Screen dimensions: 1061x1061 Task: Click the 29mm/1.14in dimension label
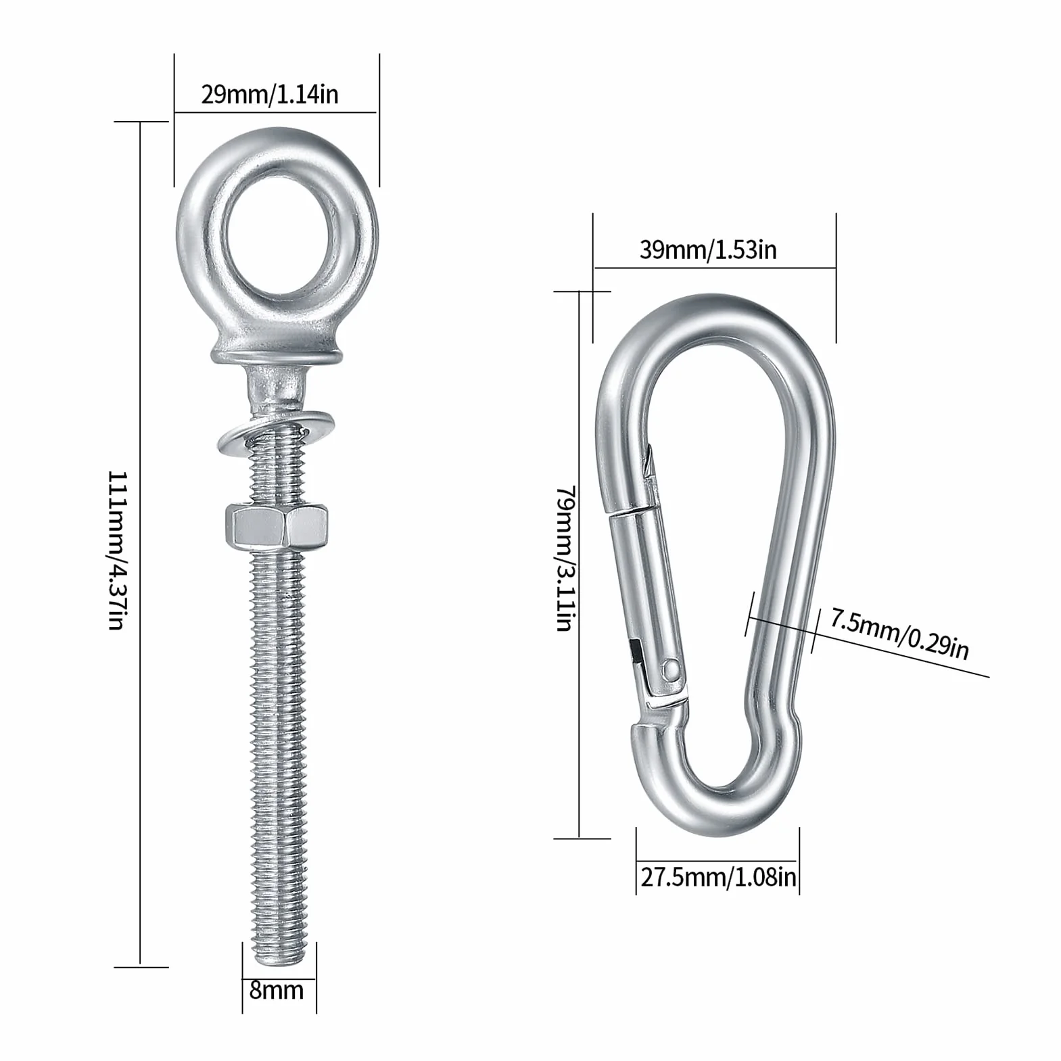coord(270,95)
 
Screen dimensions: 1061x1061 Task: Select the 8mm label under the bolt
coord(276,991)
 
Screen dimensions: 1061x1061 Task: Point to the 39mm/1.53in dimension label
coord(708,250)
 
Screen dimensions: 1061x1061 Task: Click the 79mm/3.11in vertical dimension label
coord(565,558)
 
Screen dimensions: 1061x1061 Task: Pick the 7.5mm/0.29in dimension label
coord(900,634)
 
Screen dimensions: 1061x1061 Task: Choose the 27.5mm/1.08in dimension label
coord(718,878)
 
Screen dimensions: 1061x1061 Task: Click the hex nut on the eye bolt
coord(277,528)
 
